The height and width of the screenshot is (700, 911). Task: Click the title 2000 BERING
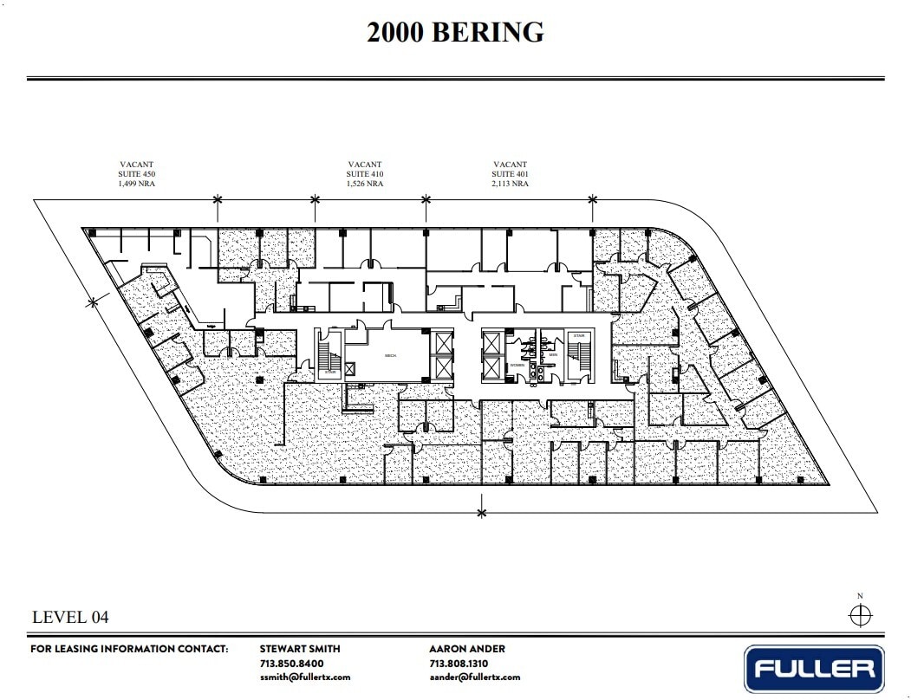coord(455,32)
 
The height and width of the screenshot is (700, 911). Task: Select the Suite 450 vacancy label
coord(137,173)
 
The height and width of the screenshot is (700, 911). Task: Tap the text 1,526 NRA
coord(365,184)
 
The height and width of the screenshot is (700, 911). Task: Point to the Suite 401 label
coord(510,173)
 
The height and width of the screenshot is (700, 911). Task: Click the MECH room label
coord(390,355)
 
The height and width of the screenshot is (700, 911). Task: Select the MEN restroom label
coord(551,353)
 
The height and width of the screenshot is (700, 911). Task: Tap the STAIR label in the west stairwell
coord(330,373)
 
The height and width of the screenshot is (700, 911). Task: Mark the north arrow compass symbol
coord(860,615)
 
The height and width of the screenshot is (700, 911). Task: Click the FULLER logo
coord(814,669)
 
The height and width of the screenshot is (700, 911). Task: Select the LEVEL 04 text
coord(70,618)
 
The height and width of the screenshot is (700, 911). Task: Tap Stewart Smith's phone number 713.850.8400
coord(292,663)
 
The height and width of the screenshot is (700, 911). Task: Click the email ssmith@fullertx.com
coord(304,677)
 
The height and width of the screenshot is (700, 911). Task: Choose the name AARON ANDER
coord(466,649)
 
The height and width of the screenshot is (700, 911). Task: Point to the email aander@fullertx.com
coord(474,677)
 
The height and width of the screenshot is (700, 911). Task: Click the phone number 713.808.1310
coord(459,663)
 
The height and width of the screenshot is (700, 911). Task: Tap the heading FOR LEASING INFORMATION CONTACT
coord(129,649)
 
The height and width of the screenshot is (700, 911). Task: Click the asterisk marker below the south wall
coord(481,513)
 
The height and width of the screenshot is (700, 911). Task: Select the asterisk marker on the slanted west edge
coord(93,302)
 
